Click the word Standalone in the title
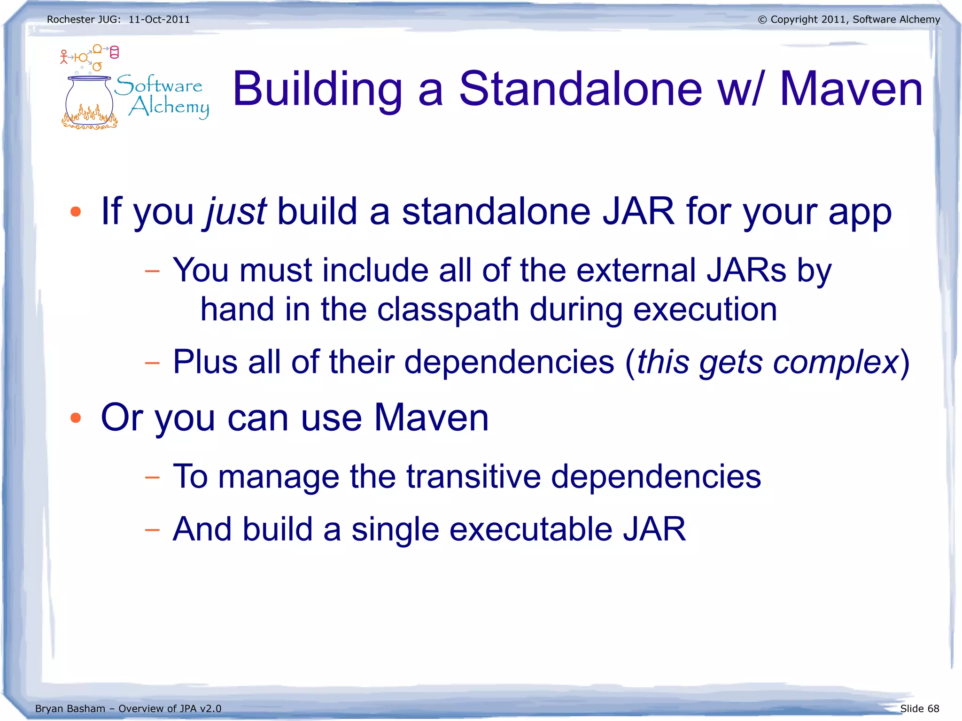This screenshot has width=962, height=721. click(580, 89)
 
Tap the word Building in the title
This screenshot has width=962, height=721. click(318, 89)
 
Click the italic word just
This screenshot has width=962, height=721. click(236, 212)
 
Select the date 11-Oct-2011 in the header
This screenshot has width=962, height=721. click(159, 20)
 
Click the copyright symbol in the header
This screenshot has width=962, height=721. click(762, 20)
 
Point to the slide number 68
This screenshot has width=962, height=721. click(933, 708)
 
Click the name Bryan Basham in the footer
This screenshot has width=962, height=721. click(70, 708)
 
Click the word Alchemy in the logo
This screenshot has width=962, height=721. click(169, 107)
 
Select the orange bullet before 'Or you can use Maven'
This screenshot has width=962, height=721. click(76, 418)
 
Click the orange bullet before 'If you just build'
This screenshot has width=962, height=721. click(76, 212)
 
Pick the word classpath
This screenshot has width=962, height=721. click(448, 310)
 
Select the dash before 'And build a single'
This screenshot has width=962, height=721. click(152, 530)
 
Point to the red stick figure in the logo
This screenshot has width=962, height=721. click(64, 57)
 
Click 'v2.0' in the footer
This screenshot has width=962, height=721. click(210, 708)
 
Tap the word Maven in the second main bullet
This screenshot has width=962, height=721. click(431, 418)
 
